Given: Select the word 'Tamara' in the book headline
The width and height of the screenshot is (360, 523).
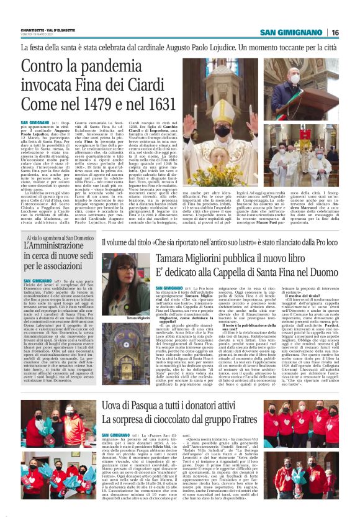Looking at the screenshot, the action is [x=178, y=258].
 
